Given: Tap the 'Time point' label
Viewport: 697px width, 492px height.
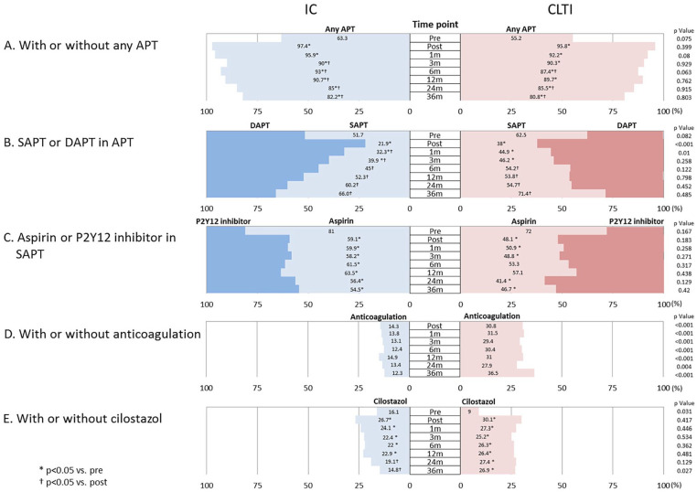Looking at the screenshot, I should (x=435, y=27).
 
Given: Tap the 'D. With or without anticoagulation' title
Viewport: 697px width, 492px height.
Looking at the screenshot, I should (x=102, y=334).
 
